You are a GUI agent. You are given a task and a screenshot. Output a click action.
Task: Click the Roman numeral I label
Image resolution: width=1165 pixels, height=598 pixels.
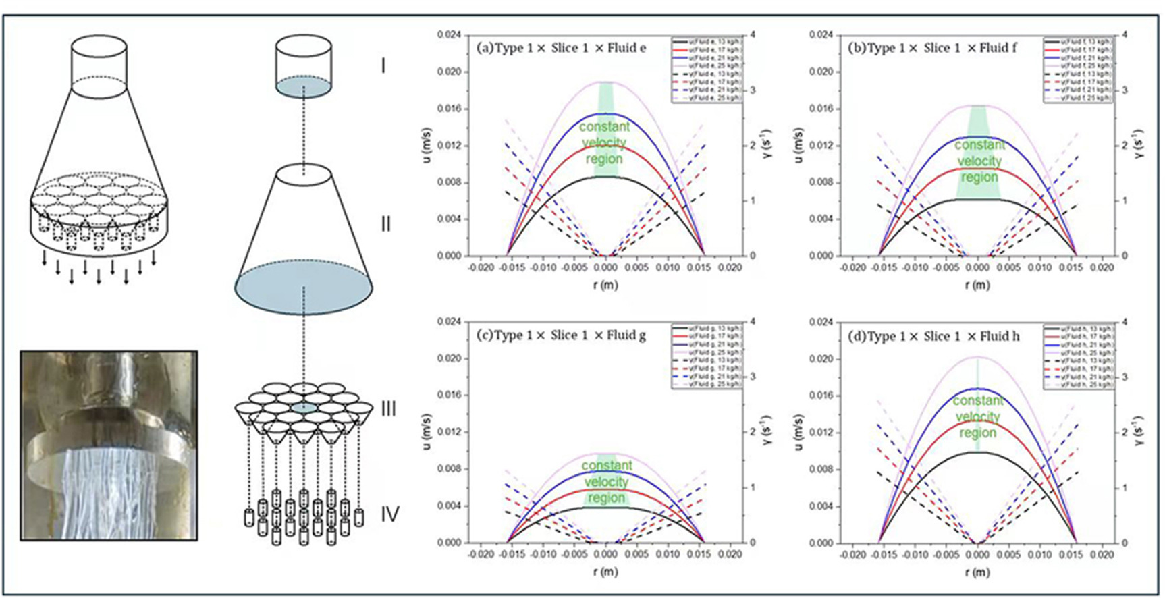383,65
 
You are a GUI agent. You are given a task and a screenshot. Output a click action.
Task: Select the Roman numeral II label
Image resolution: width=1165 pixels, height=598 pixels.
385,223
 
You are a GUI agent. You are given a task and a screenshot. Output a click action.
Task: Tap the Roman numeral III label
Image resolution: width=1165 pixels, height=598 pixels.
388,408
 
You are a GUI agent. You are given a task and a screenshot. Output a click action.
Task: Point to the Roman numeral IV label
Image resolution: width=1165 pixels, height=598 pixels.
389,514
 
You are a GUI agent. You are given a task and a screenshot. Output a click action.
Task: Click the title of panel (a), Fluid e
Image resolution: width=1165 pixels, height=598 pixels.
561,48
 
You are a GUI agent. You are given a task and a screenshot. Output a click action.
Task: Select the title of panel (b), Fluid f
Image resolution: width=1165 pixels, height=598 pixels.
932,48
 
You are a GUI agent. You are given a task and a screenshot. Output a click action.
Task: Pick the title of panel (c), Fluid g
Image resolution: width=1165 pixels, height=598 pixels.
561,335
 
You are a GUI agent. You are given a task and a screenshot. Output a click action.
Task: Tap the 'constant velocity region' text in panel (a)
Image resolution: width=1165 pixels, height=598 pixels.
604,142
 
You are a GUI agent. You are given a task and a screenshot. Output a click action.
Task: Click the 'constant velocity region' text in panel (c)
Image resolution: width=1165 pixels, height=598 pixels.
606,482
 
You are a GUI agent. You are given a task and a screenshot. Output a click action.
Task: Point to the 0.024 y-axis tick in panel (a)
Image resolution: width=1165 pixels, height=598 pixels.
449,34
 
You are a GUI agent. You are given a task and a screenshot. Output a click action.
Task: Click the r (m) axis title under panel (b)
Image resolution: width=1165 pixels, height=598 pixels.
977,285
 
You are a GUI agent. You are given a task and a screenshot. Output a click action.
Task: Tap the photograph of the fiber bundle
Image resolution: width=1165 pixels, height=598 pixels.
109,445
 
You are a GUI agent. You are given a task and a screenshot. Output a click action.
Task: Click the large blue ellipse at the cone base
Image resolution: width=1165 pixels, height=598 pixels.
304,288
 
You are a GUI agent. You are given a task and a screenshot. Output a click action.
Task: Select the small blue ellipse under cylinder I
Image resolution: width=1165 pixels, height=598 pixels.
304,87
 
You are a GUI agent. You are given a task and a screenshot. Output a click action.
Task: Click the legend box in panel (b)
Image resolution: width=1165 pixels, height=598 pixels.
1077,70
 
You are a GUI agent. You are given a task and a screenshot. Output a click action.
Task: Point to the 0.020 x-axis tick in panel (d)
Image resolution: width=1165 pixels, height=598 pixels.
1102,554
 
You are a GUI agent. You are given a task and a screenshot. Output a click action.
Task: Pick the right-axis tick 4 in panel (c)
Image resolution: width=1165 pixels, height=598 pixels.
753,322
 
